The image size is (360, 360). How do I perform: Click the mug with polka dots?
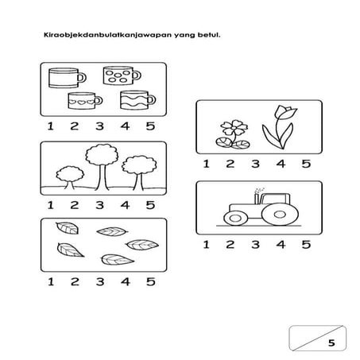pyautogui.click(x=122, y=75)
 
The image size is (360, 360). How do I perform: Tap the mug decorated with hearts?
pyautogui.click(x=85, y=101)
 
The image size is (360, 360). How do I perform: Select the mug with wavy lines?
pyautogui.click(x=137, y=100)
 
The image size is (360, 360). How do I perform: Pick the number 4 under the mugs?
pyautogui.click(x=125, y=126)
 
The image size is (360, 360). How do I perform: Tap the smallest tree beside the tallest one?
pyautogui.click(x=70, y=177)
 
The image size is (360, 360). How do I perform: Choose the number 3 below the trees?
pyautogui.click(x=99, y=205)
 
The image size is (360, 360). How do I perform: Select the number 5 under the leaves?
pyautogui.click(x=150, y=281)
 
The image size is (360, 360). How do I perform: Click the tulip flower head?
pyautogui.click(x=285, y=113)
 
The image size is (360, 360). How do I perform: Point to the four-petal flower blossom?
pyautogui.click(x=234, y=128)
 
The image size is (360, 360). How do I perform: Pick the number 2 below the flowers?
pyautogui.click(x=230, y=164)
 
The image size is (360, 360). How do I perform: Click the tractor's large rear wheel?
pyautogui.click(x=280, y=215)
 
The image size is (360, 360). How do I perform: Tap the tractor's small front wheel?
pyautogui.click(x=235, y=219)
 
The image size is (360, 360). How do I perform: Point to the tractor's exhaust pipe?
pyautogui.click(x=257, y=199)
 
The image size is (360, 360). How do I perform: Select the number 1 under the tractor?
pyautogui.click(x=207, y=245)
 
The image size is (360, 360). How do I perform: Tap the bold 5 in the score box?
pyautogui.click(x=331, y=343)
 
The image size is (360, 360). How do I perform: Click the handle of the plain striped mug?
pyautogui.click(x=82, y=78)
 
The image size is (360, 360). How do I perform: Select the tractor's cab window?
pyautogui.click(x=276, y=199)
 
